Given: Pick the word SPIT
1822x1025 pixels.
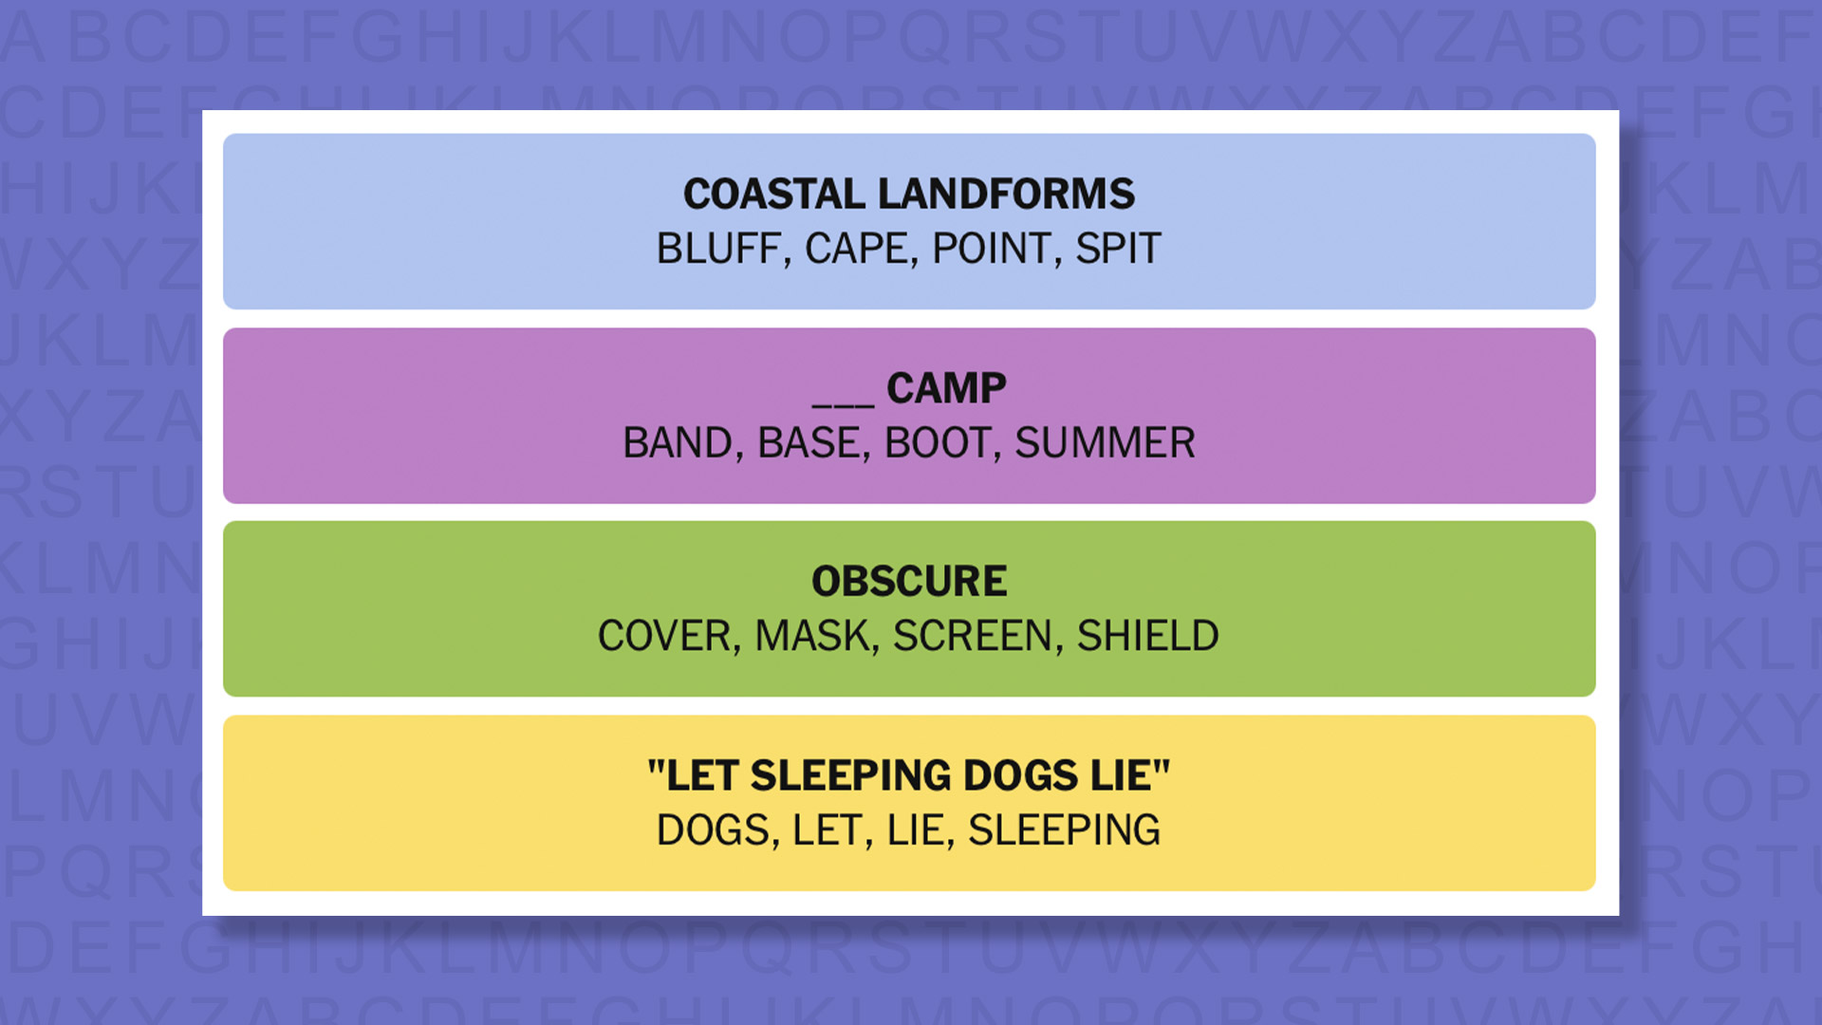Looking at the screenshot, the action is [x=1118, y=249].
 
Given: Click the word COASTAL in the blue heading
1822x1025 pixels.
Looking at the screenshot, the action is [x=775, y=194].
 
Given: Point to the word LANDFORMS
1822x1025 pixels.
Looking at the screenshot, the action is [x=1006, y=194].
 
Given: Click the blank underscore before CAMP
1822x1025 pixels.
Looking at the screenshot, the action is [x=843, y=404].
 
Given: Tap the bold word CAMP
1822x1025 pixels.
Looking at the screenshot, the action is [x=946, y=388].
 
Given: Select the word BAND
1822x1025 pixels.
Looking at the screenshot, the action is [x=678, y=443].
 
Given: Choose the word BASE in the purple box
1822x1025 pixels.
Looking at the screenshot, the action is [x=809, y=443].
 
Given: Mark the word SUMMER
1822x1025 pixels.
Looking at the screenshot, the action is [x=1105, y=443].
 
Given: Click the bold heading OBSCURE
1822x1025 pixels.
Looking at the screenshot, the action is [x=909, y=582].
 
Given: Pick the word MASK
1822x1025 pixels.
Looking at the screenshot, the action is [x=812, y=636].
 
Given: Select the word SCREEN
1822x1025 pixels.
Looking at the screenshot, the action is [x=973, y=636].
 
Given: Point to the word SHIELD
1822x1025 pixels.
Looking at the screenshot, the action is [x=1148, y=636].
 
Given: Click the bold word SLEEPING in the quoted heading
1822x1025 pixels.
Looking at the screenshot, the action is [x=850, y=775].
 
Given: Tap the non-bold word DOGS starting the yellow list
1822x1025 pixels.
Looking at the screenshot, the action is [x=713, y=830].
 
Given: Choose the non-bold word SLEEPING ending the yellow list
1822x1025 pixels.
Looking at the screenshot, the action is [x=1064, y=830].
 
